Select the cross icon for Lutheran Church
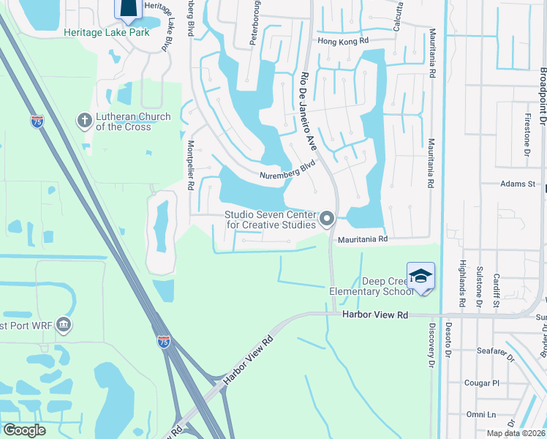coord(84,119)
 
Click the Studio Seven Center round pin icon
coord(327,218)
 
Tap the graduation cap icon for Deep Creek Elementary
coord(420,277)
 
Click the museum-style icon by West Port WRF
coord(64,323)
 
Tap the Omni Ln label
coord(480,414)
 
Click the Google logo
coord(23,430)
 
